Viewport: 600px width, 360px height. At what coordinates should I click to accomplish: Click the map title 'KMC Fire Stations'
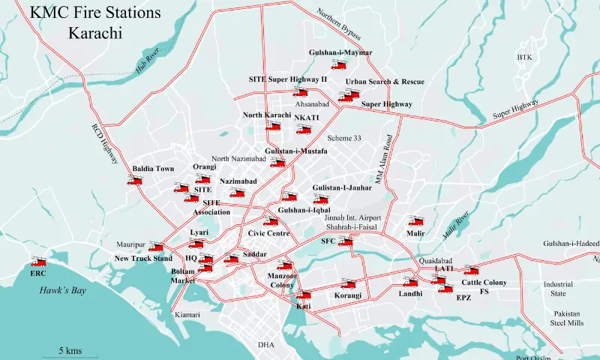click(x=95, y=13)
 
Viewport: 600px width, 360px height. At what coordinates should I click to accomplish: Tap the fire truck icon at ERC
click(x=37, y=262)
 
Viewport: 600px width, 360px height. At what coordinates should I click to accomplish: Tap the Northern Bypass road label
click(x=339, y=26)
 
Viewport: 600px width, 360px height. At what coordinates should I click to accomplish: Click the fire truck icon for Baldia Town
click(x=136, y=181)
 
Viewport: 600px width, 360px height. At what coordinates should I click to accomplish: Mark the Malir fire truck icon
click(x=415, y=221)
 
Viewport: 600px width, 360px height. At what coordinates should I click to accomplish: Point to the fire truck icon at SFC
click(x=345, y=241)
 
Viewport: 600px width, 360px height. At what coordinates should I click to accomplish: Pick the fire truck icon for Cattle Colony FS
click(x=470, y=271)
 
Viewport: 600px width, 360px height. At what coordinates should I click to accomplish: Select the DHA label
click(x=266, y=345)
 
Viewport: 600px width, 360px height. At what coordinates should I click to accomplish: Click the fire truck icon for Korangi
click(x=347, y=283)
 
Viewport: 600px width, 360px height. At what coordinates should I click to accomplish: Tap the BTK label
click(x=523, y=58)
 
